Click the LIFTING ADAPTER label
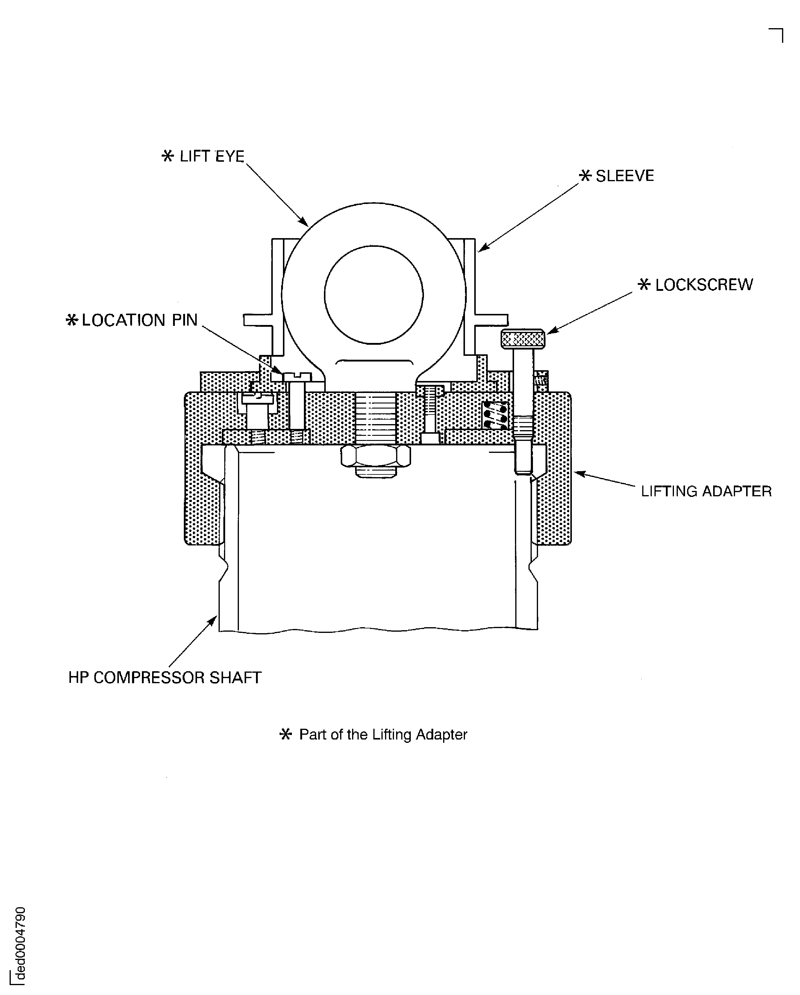pos(706,491)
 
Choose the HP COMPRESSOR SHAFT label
pos(165,678)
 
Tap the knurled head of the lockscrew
pos(523,339)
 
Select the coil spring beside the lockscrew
pos(495,415)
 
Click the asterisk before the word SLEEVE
pos(585,176)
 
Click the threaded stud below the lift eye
pos(375,418)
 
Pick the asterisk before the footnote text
pos(286,734)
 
